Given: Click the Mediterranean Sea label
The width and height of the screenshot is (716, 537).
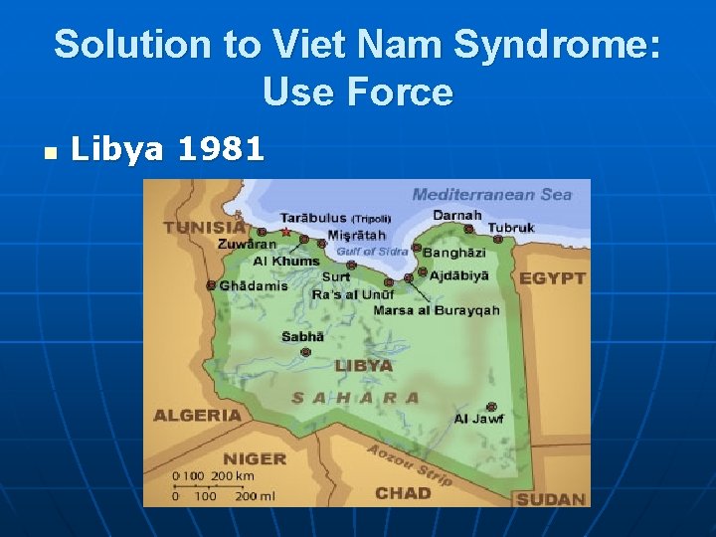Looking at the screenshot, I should coord(492,195).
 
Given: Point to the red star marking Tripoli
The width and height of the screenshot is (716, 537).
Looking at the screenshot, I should coord(286,232).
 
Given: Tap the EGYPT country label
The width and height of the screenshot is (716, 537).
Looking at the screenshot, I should coord(552,277).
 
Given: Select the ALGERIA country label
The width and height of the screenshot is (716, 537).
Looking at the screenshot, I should coord(197,415).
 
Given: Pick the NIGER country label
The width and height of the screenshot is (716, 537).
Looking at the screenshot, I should coord(254,458).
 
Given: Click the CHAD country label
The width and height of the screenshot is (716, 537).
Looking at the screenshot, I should coord(403,493).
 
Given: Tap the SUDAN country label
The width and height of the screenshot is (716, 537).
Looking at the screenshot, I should coord(551,498).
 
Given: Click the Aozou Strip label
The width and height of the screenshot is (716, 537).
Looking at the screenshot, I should coord(410,463).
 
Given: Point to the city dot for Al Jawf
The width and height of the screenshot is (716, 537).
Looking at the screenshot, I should coord(491,407).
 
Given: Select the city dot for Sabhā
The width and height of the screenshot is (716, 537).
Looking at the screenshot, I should coord(306,352).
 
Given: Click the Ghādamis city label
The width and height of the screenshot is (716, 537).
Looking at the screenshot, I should coord(254,285).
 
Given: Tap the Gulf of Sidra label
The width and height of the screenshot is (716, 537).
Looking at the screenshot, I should coord(372,252).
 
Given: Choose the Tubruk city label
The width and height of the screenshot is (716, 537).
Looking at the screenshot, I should coord(512,228).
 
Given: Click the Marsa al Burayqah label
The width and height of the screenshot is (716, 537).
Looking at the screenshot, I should coord(437,310).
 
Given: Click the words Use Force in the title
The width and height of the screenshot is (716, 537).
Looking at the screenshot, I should coord(358,92).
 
